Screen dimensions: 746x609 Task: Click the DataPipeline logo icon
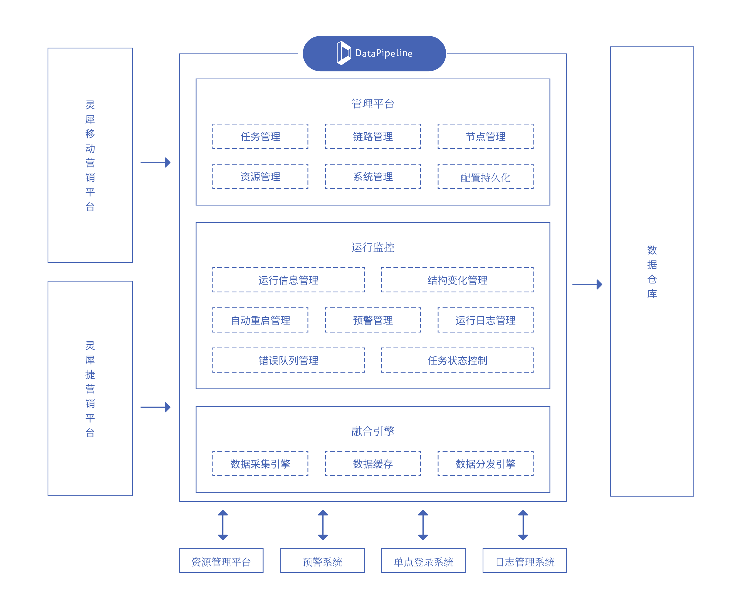(344, 53)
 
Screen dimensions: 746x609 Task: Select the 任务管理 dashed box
(260, 136)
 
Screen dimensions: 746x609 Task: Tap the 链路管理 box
(373, 136)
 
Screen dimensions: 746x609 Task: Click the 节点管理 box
(485, 136)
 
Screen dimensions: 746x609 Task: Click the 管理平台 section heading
(373, 104)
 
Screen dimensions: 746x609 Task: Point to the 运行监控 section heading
(373, 247)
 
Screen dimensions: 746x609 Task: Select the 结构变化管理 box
(457, 280)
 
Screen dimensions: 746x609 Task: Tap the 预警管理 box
(373, 320)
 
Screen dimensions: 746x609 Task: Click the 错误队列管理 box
(288, 360)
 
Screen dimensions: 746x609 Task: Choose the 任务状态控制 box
(457, 360)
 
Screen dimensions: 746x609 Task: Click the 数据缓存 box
(373, 464)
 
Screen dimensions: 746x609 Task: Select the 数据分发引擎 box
(485, 464)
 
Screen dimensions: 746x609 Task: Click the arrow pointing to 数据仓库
(587, 284)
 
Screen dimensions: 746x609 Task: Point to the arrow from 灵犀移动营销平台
(155, 162)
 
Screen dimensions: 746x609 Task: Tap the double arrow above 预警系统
(323, 525)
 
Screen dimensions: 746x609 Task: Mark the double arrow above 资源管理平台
(223, 525)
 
